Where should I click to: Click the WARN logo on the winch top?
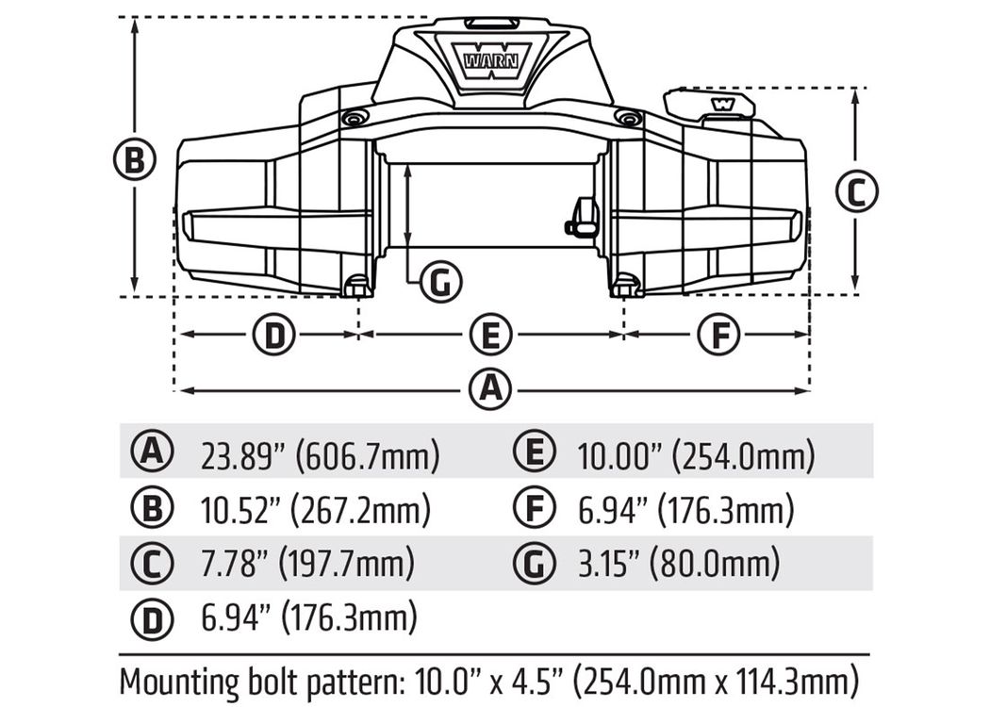pos(490,61)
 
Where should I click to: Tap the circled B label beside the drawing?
pos(134,158)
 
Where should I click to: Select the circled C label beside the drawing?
pos(856,192)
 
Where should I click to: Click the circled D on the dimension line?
pos(274,335)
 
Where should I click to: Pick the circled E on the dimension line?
pos(490,335)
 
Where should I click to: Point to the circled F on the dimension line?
pos(719,335)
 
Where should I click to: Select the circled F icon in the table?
pos(535,509)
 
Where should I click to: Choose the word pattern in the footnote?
pos(355,683)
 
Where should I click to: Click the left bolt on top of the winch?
pos(354,118)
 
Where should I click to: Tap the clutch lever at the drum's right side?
pos(581,219)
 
